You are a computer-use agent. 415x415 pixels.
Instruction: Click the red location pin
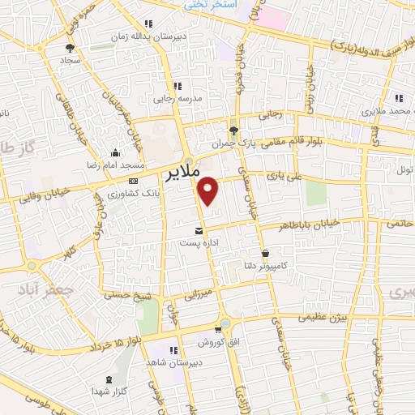209,190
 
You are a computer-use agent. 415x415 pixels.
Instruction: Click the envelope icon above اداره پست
199,231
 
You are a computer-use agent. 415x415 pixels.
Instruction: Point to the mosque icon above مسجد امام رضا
116,152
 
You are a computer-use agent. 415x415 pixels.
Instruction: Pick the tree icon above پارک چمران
233,130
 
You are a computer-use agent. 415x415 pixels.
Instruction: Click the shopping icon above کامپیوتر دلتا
266,253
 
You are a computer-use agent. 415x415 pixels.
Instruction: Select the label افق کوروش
206,341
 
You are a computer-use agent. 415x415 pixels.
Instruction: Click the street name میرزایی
193,292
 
